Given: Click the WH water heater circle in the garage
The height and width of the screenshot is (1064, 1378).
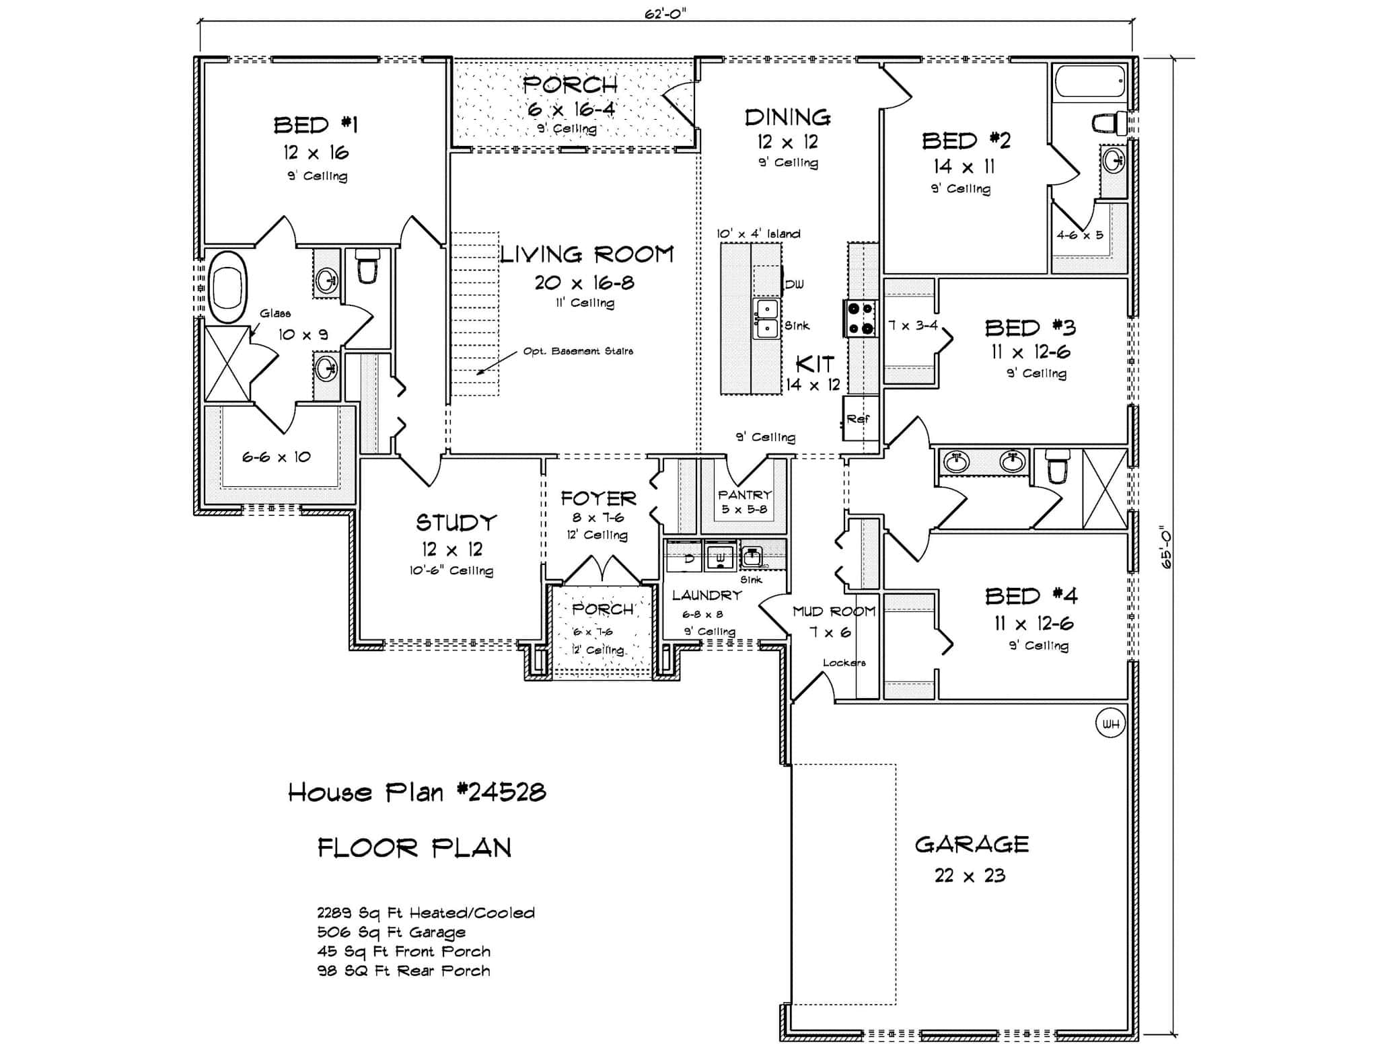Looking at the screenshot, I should [1111, 724].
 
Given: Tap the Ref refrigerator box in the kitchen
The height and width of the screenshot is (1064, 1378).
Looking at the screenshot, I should [860, 418].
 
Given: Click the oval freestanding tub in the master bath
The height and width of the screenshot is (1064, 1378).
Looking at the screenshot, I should [229, 289].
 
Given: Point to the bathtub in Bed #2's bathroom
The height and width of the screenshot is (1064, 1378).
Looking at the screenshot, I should [1089, 82].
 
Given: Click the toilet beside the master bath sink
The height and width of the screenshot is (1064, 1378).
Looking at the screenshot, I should [367, 266].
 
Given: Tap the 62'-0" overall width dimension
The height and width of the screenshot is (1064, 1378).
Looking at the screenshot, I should [665, 14].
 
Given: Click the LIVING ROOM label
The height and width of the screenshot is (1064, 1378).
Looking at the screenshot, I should [587, 254].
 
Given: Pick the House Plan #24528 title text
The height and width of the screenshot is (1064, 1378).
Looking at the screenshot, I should [417, 792].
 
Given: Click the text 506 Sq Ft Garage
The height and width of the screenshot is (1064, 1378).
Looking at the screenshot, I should [391, 932].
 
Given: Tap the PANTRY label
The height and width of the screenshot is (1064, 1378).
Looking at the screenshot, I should [744, 494].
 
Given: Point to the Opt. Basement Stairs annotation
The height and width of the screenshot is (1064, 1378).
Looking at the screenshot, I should [578, 351].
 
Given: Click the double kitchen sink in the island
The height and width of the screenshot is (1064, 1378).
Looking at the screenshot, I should [766, 319].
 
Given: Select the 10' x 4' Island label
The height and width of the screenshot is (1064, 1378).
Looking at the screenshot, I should [758, 233].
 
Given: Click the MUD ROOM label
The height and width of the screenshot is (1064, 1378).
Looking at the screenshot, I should [834, 611].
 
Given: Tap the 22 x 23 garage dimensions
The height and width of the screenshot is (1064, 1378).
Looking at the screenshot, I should [970, 875].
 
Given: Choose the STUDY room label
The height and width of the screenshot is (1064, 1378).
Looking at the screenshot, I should [456, 523].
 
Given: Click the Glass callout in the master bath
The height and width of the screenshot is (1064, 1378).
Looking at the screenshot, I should [275, 313].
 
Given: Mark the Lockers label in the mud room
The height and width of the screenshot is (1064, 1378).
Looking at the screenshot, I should [844, 662].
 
